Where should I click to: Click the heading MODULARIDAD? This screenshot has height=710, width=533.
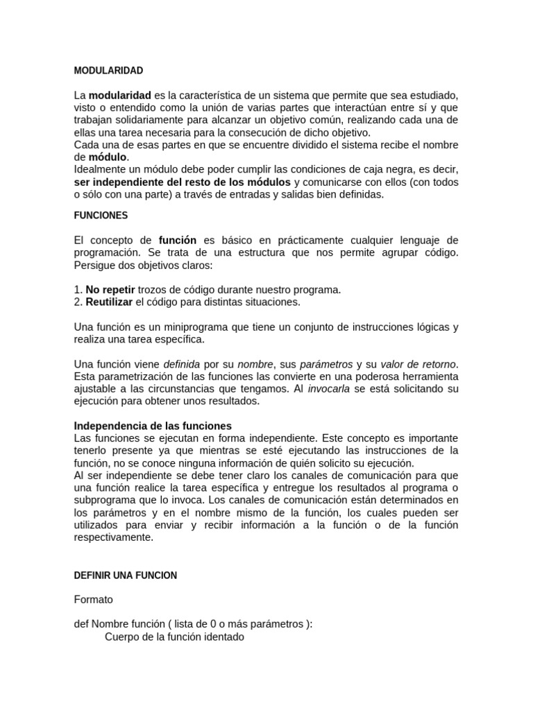[108, 71]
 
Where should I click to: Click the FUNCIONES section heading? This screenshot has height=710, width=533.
[101, 216]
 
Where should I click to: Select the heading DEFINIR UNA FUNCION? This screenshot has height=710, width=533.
[126, 575]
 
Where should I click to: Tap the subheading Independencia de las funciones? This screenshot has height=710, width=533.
[153, 426]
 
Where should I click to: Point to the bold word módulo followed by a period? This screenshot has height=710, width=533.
[108, 157]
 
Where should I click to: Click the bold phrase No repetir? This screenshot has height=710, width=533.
[110, 289]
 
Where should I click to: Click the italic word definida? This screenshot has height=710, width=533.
[181, 364]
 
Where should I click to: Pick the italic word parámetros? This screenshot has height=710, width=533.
[325, 364]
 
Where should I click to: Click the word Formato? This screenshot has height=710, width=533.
[93, 599]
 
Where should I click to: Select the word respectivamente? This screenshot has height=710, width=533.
[115, 537]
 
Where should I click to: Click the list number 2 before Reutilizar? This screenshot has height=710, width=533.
[78, 302]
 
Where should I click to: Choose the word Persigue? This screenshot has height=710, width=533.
[95, 265]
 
